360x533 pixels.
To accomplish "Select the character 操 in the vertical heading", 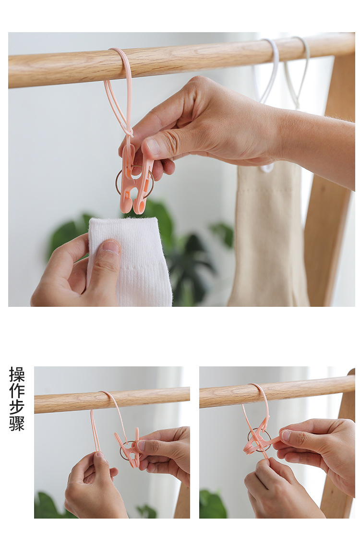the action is pos(17,374).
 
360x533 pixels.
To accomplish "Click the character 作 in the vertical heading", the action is pos(17,390).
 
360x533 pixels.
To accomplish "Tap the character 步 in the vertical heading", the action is pos(17,407).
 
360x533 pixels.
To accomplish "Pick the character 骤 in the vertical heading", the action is pos(17,423).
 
